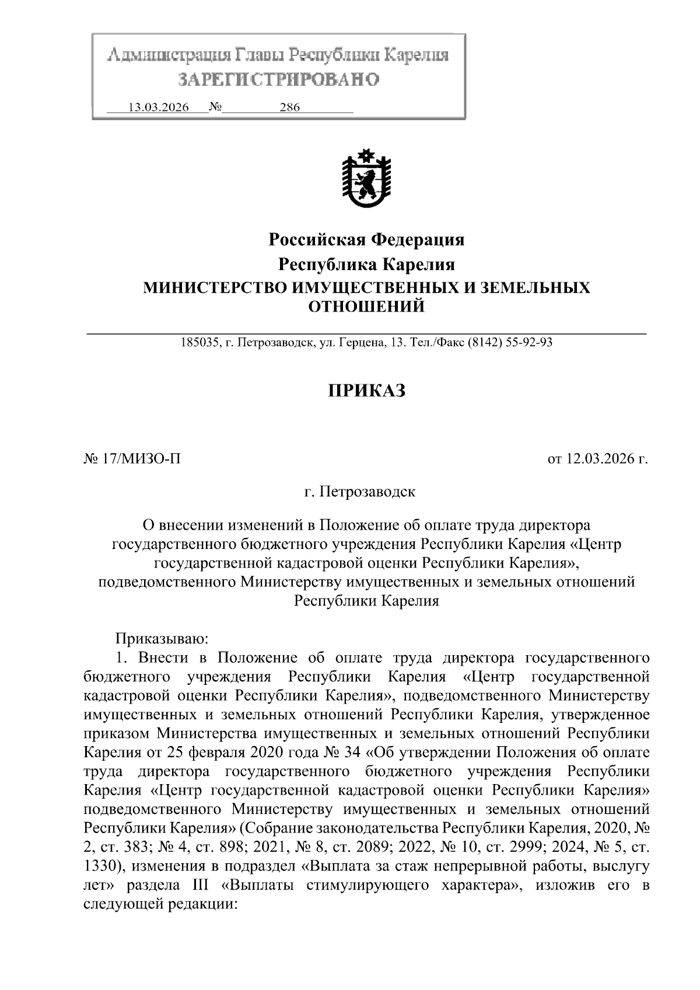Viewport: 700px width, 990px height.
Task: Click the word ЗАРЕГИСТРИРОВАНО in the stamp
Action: coord(278,79)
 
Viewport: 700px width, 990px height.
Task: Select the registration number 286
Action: coord(289,107)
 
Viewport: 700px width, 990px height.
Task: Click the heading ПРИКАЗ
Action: coord(366,390)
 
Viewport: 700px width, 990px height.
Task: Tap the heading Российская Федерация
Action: coord(366,240)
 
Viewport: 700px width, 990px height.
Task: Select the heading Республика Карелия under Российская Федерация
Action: coord(366,264)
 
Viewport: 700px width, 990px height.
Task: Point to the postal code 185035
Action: coord(198,343)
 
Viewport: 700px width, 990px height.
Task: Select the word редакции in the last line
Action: coord(204,904)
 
